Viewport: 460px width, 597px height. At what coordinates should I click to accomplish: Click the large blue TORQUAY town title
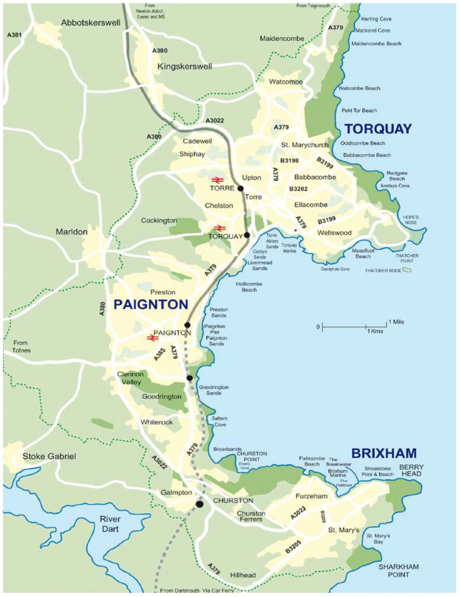click(378, 128)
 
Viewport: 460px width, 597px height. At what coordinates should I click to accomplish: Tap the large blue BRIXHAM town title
click(384, 453)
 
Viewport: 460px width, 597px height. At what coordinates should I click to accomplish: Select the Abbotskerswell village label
click(91, 23)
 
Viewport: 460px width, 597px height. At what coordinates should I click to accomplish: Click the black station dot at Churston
click(200, 505)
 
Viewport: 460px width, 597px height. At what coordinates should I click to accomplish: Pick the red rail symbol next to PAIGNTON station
click(152, 338)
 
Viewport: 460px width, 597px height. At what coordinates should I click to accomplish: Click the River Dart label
click(110, 525)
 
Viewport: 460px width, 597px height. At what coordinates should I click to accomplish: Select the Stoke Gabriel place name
click(49, 456)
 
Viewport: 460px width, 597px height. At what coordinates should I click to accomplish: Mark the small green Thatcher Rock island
click(407, 270)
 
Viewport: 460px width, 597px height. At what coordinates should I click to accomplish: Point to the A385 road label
click(160, 354)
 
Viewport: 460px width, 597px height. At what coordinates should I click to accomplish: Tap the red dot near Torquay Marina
click(295, 231)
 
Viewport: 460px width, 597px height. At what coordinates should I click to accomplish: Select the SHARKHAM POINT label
click(398, 570)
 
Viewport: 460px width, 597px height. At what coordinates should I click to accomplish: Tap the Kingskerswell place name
click(184, 66)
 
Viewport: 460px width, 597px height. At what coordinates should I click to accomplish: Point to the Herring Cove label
click(376, 19)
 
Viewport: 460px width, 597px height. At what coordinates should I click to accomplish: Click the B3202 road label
click(298, 189)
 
